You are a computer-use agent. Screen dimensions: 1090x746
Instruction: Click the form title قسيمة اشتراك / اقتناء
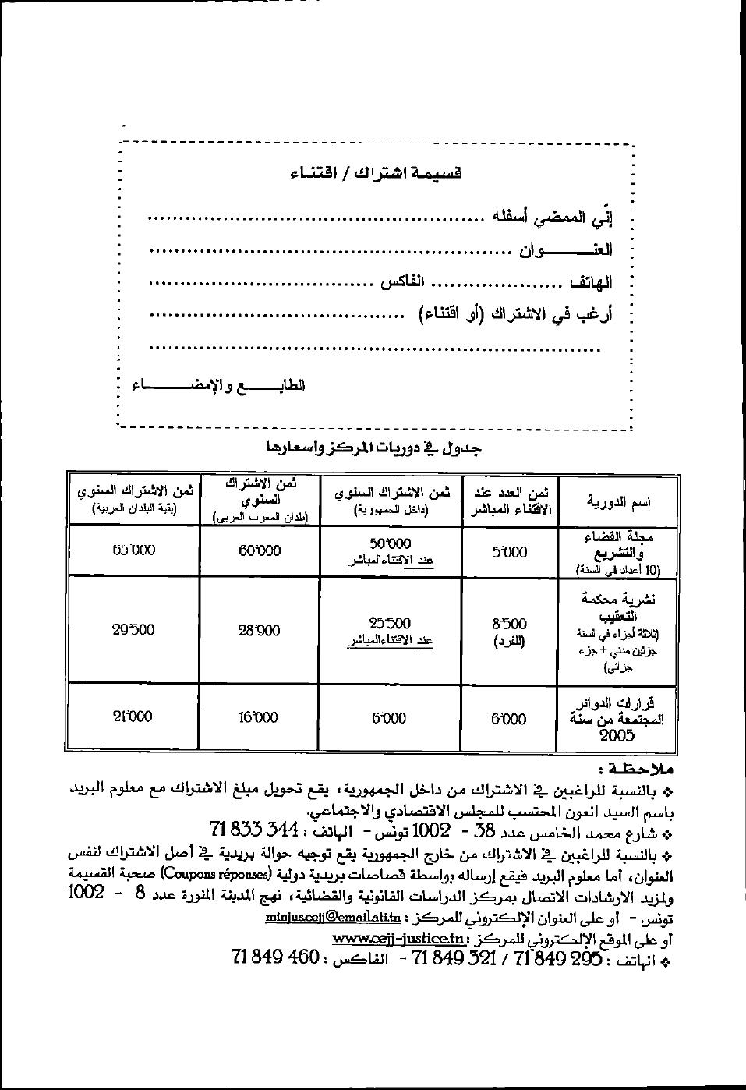(x=376, y=173)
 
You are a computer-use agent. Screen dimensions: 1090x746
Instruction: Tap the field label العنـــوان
(x=566, y=250)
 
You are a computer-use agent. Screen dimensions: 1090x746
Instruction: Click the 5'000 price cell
(x=509, y=552)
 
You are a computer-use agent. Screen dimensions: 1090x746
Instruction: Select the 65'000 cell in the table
(x=133, y=550)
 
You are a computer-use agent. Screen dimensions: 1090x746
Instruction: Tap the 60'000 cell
(x=260, y=550)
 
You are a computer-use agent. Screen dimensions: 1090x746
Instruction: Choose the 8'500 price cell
(x=509, y=624)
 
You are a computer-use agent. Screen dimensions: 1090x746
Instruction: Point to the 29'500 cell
(x=133, y=630)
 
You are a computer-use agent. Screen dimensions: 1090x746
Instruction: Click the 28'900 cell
(x=260, y=630)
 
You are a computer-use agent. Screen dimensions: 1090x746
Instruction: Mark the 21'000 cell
(x=133, y=717)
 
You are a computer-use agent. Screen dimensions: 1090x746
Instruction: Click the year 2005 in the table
(x=617, y=735)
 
